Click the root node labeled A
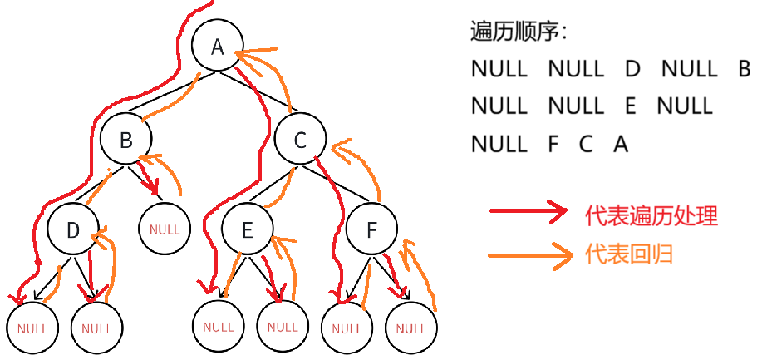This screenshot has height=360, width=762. point(218,47)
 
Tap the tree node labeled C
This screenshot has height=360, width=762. point(301,140)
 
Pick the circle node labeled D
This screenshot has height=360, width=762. point(73,230)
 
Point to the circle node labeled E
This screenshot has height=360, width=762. point(248,230)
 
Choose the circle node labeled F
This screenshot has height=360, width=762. point(371,230)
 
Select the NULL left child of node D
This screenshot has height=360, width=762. point(32,327)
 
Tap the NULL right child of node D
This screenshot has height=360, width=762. point(96,327)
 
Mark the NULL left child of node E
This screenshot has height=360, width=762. point(218,326)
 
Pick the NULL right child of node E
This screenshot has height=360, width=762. point(283,326)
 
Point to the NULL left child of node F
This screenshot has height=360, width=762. point(347,326)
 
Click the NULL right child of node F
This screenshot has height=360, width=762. point(410,326)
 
